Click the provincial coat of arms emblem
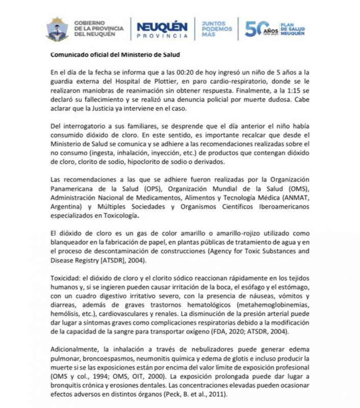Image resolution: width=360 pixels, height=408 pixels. pyautogui.click(x=57, y=29)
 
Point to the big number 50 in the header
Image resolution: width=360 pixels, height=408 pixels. pyautogui.click(x=255, y=29)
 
